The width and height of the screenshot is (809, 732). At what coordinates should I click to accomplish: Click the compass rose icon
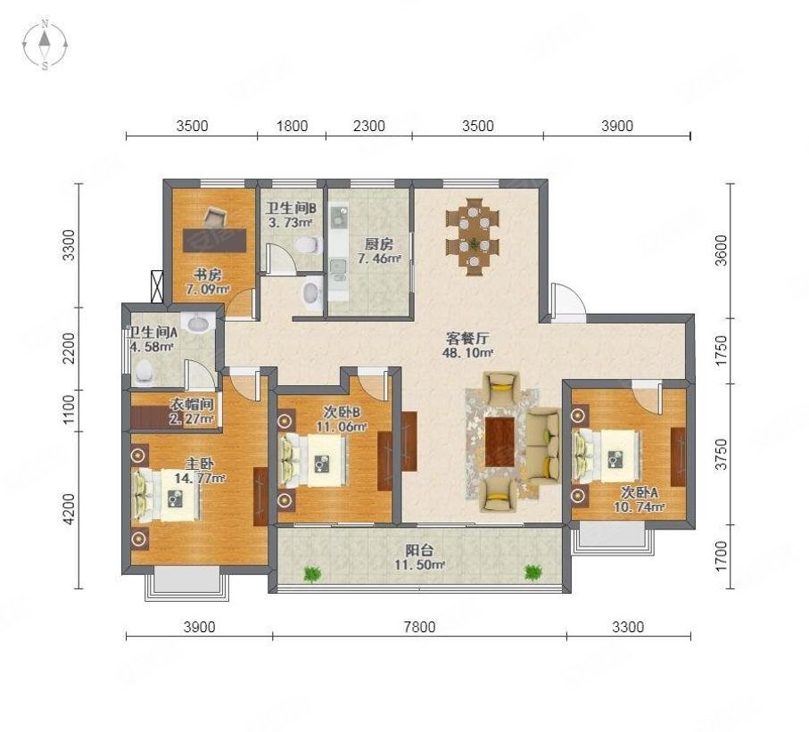pyautogui.click(x=45, y=45)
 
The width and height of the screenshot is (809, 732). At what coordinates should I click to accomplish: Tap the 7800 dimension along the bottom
pyautogui.click(x=419, y=627)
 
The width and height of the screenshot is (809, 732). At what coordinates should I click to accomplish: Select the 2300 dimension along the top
pyautogui.click(x=369, y=126)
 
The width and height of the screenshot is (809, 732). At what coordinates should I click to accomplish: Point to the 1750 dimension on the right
pyautogui.click(x=722, y=350)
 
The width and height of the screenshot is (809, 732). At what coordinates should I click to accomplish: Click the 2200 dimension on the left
pyautogui.click(x=68, y=349)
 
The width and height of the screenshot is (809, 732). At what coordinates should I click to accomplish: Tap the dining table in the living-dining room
pyautogui.click(x=473, y=237)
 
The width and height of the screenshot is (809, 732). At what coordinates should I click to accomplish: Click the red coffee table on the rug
pyautogui.click(x=499, y=442)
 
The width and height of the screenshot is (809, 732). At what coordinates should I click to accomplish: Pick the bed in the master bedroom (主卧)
pyautogui.click(x=167, y=495)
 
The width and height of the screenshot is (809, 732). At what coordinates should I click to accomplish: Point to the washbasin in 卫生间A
pyautogui.click(x=199, y=323)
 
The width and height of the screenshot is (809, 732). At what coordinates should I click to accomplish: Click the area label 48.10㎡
pyautogui.click(x=467, y=353)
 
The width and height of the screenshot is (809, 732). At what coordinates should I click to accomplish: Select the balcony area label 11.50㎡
pyautogui.click(x=419, y=565)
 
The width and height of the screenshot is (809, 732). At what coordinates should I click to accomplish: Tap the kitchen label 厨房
pyautogui.click(x=379, y=243)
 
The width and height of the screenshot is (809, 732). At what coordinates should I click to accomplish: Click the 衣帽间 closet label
pyautogui.click(x=192, y=406)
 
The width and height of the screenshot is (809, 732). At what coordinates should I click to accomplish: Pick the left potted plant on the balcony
pyautogui.click(x=311, y=573)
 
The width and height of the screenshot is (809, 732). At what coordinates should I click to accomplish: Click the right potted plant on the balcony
pyautogui.click(x=533, y=572)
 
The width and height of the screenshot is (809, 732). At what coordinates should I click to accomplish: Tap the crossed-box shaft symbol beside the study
pyautogui.click(x=157, y=287)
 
